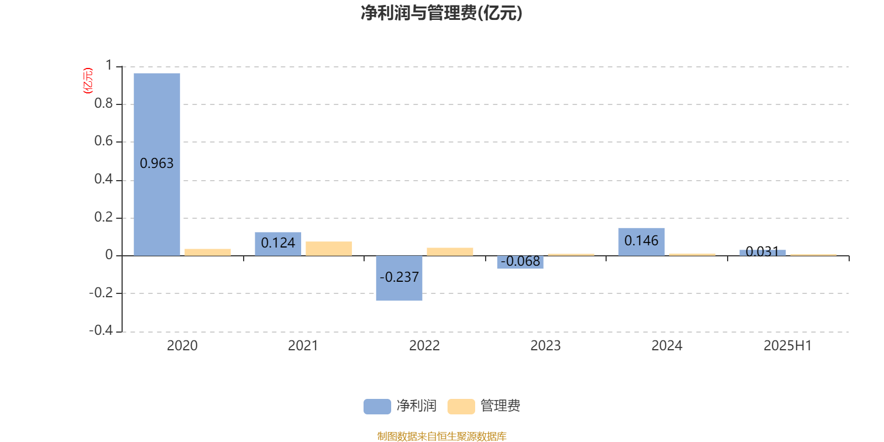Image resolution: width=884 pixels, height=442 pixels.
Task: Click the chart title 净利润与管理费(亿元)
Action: [x=441, y=13]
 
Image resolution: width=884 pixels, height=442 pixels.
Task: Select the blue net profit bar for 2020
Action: [x=157, y=165]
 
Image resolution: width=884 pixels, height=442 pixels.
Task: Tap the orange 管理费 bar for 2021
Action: [x=329, y=249]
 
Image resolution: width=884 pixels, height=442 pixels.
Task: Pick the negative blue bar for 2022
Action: [x=399, y=278]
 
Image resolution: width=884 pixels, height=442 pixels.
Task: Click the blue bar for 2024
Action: [x=641, y=242]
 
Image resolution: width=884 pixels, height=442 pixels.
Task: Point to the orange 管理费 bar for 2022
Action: [x=450, y=252]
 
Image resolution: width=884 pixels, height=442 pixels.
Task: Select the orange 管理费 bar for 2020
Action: [x=208, y=252]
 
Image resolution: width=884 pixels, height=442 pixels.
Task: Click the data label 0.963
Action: [x=157, y=164]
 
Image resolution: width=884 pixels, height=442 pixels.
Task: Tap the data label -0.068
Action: [x=520, y=261]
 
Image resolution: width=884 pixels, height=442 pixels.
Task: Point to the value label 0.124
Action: [x=278, y=243]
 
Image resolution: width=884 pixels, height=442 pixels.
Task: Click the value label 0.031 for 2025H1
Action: [x=762, y=251]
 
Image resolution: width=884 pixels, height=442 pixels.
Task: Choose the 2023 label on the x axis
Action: [x=545, y=346]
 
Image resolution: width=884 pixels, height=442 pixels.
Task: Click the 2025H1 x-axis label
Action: [x=788, y=346]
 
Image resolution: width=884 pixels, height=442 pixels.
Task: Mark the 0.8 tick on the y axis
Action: [x=103, y=103]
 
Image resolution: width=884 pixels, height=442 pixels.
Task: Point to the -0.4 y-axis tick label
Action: [x=101, y=330]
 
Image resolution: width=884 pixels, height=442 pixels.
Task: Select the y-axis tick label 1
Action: [x=109, y=66]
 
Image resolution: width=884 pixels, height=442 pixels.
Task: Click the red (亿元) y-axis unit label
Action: [x=88, y=81]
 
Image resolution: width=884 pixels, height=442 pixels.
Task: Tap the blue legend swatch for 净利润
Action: [x=377, y=407]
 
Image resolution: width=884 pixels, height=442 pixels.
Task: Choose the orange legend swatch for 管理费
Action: [x=461, y=407]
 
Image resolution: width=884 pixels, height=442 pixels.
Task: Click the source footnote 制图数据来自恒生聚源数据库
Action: [x=441, y=436]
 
